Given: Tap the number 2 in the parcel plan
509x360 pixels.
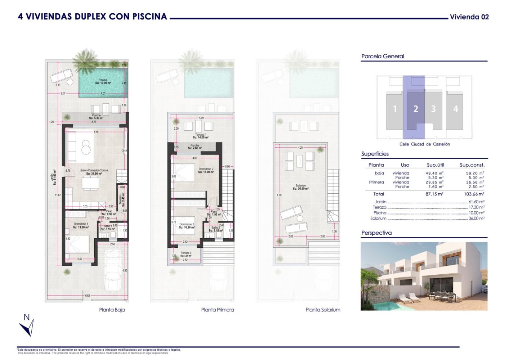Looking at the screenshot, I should click(x=416, y=109).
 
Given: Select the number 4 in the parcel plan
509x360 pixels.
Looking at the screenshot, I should click(x=455, y=109).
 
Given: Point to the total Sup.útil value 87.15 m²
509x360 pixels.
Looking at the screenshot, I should click(x=434, y=194).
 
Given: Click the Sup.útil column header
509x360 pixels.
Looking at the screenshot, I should click(x=435, y=165).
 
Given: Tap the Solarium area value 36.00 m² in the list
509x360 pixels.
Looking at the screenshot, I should click(x=476, y=218).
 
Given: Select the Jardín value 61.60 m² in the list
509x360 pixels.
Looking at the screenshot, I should click(x=476, y=202).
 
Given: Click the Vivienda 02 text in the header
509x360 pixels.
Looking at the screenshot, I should click(x=469, y=17).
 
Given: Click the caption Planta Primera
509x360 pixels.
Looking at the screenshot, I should click(x=217, y=310).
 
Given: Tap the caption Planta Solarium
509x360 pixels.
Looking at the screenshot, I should click(x=323, y=310).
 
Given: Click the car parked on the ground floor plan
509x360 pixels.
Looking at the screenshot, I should click(x=113, y=270).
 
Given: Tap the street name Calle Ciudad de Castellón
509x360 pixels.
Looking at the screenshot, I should click(x=424, y=144).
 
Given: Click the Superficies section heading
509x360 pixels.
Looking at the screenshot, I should click(x=375, y=154).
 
